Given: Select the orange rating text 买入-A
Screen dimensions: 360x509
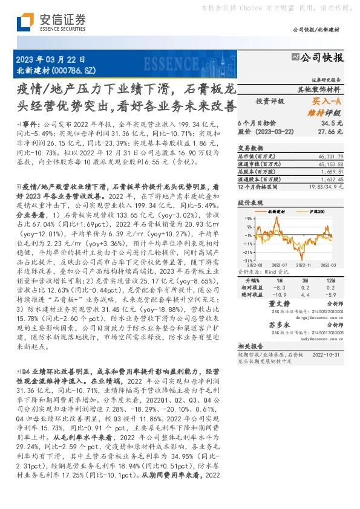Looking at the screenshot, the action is pos(327,102).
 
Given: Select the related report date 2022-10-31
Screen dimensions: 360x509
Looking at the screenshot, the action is pos(327,355).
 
